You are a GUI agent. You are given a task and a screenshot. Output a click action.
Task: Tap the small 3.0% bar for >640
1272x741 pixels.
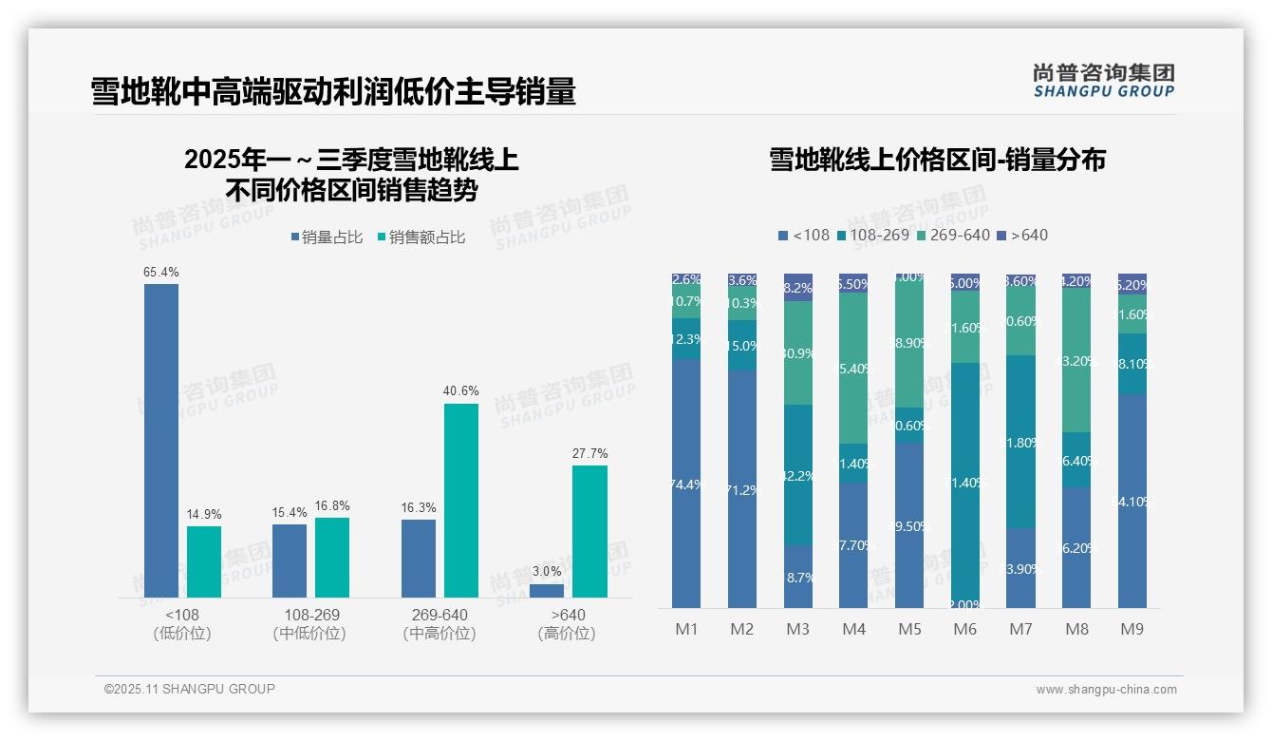click(x=547, y=591)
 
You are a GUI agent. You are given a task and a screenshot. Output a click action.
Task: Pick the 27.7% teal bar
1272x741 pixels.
click(x=589, y=531)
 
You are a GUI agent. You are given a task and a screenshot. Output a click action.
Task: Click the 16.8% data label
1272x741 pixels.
click(x=332, y=506)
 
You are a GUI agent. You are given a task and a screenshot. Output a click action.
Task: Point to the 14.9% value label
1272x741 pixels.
click(x=204, y=515)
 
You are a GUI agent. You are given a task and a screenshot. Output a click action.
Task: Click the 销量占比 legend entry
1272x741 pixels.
click(x=327, y=237)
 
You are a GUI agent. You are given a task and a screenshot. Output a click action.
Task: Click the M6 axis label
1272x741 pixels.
click(x=965, y=629)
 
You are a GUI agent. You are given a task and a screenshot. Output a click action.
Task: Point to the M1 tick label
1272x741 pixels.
click(x=686, y=629)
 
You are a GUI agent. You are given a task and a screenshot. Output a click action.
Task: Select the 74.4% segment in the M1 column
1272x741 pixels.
click(x=685, y=484)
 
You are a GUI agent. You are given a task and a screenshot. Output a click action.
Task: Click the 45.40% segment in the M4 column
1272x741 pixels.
click(x=853, y=369)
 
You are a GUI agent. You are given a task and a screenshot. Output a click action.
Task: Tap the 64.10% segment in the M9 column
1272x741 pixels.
click(x=1132, y=501)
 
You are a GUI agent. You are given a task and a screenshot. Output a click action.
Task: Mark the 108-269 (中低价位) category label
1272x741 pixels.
click(x=309, y=624)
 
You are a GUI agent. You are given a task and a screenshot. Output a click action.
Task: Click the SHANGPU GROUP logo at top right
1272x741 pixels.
click(x=1104, y=81)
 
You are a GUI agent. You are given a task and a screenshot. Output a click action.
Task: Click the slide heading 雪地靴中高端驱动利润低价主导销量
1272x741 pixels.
click(x=333, y=92)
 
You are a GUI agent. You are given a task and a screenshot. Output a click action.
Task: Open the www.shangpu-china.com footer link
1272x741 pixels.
click(x=1106, y=690)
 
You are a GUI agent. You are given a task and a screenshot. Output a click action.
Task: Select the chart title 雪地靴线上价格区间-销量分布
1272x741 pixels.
click(x=937, y=161)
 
